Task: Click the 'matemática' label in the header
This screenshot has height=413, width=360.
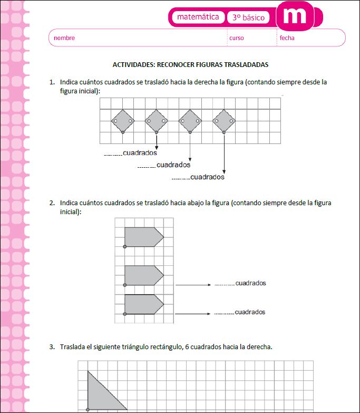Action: point(198,17)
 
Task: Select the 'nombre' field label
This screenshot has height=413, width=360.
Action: point(64,38)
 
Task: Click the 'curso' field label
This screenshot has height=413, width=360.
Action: point(237,38)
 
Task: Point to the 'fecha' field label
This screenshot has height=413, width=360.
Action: point(287,38)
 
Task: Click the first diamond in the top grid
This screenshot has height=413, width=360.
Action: point(123,121)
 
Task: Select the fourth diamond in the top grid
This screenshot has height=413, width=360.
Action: point(224,121)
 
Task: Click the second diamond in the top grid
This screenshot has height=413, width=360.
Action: point(157,121)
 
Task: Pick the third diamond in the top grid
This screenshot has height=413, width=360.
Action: point(190,121)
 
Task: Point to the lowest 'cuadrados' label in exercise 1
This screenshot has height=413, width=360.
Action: point(207,177)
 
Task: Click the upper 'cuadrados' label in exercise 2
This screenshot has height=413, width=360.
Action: point(250,283)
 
